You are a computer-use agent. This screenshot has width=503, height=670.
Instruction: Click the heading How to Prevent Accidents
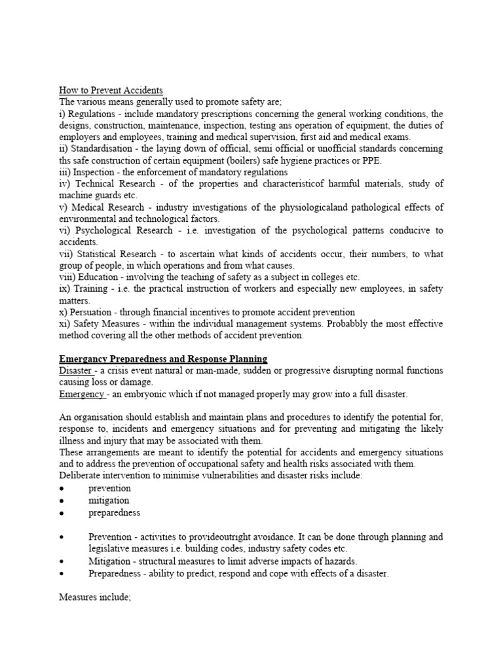pos(111,90)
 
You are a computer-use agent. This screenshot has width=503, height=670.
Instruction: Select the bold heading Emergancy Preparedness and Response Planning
pos(163,359)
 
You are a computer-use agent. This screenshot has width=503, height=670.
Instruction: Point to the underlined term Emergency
pos(82,394)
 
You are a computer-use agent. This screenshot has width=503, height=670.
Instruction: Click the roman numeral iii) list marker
pos(65,172)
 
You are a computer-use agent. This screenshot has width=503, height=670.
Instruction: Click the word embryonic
pos(151,394)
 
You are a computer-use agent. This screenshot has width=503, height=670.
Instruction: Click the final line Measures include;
pos(96,597)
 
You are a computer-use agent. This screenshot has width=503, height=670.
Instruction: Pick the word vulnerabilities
pos(234,476)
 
